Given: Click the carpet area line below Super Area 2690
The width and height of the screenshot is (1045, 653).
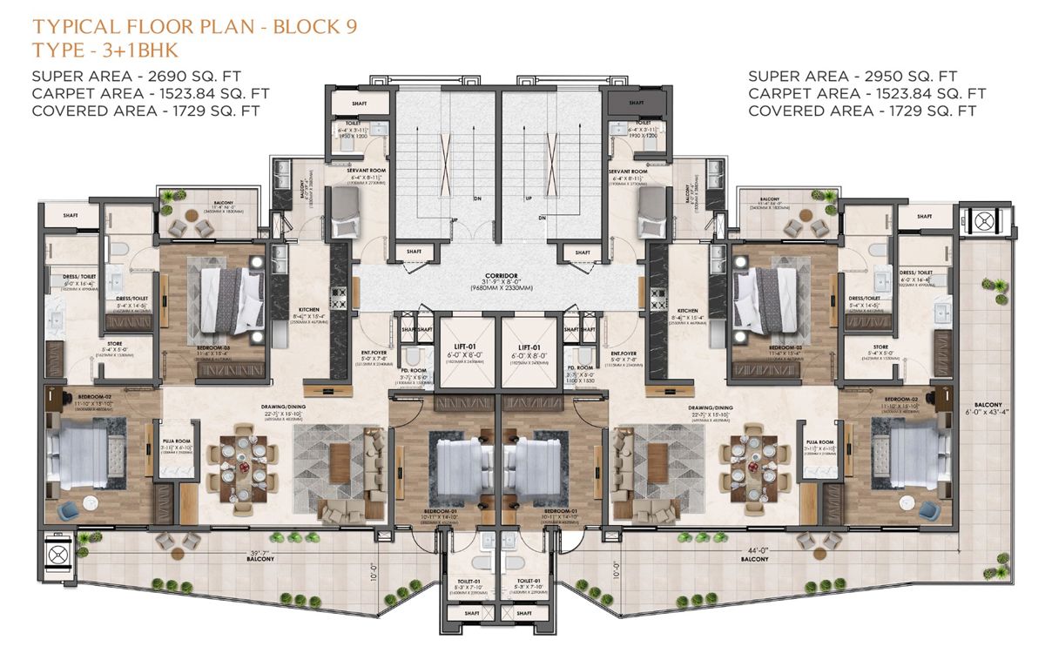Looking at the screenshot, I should coord(151,93).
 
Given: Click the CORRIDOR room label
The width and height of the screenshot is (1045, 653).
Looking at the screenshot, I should coord(500,273).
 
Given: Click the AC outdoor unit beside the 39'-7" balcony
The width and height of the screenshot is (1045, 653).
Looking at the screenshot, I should coord(57,555).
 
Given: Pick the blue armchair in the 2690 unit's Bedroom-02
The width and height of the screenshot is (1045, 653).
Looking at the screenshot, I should coord(67,508).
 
